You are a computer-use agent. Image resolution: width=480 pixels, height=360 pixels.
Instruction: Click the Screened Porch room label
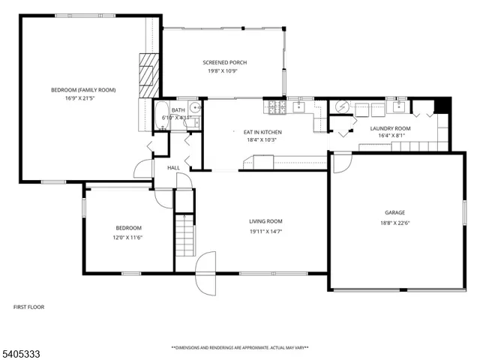pos(224,62)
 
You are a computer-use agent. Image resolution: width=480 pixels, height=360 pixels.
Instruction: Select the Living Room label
pos(265,221)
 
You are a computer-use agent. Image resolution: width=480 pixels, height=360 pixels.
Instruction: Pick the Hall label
pos(173,167)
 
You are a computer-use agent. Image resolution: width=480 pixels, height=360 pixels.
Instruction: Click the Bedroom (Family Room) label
pos(83,90)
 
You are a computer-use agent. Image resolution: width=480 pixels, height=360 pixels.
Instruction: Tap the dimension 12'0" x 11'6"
pos(127,237)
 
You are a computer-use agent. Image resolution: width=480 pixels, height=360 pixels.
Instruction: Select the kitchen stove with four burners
pos(278,108)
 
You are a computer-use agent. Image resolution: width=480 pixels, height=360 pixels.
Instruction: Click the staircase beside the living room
pos(184,233)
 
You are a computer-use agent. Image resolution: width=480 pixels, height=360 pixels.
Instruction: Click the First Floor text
pos(31,307)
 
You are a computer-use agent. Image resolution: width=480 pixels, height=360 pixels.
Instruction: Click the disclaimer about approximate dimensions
pos(240,348)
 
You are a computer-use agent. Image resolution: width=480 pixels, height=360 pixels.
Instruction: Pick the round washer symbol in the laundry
pos(341,106)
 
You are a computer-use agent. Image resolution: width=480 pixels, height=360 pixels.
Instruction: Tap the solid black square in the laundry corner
pos(442,106)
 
